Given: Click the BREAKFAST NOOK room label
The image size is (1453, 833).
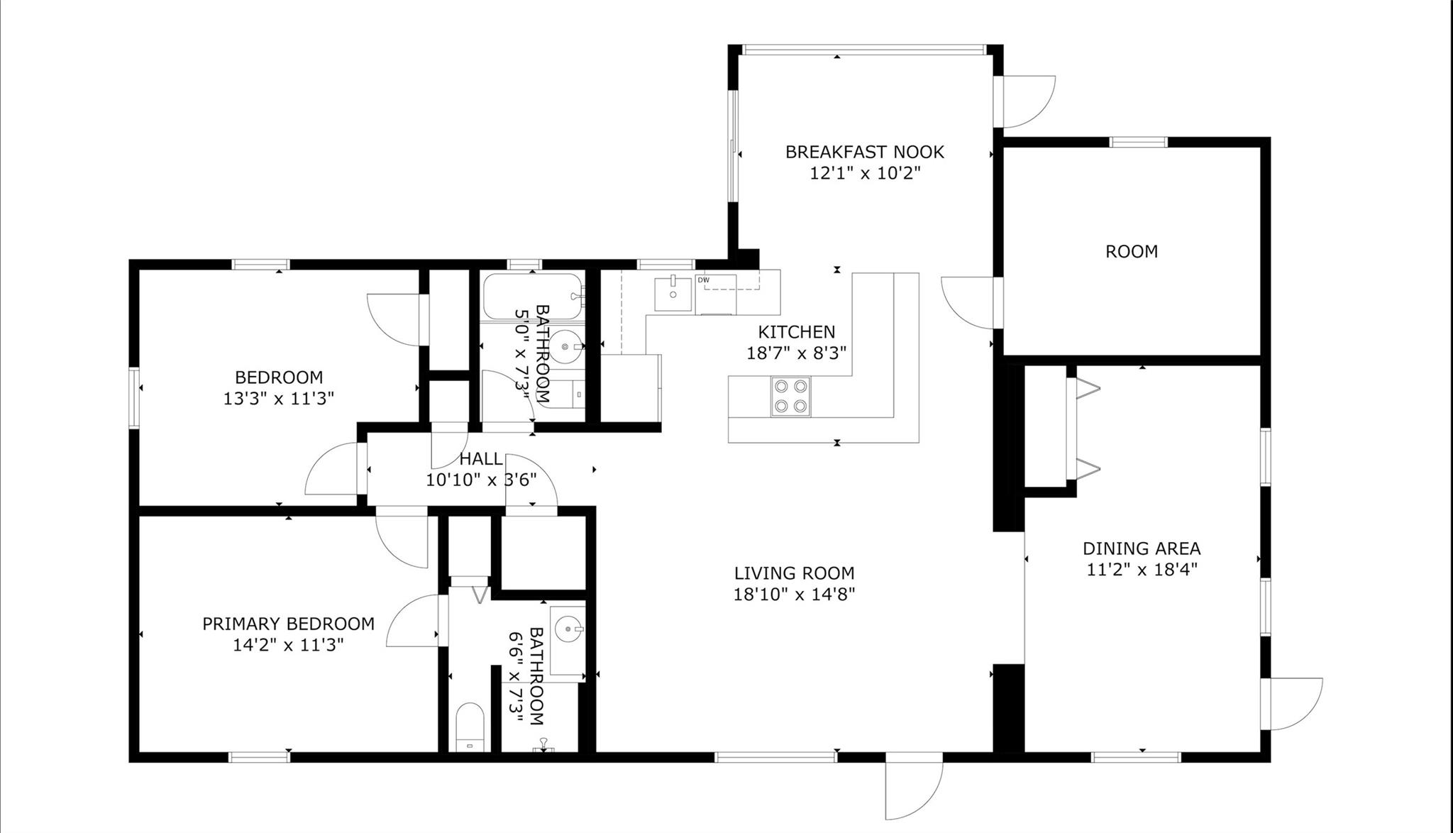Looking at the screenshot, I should (864, 152).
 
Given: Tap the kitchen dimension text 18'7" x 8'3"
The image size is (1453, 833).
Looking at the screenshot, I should (796, 353).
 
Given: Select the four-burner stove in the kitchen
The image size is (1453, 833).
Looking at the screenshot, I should (791, 396).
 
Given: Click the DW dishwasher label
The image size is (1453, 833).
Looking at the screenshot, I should (703, 280).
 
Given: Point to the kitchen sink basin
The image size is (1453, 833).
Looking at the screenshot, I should (673, 293).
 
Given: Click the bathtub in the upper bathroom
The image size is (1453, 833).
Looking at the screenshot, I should (532, 297).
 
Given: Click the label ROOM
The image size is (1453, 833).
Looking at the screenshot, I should (1131, 251).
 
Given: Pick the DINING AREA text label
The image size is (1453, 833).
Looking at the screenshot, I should (1141, 548).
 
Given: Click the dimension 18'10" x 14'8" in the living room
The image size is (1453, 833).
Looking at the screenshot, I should (793, 594).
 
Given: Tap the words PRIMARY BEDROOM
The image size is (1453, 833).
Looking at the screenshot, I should (288, 624).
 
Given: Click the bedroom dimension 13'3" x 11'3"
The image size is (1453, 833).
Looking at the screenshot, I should (278, 398).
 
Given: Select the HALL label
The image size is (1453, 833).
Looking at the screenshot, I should (481, 459).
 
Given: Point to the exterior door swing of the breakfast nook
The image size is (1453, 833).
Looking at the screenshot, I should (1026, 99).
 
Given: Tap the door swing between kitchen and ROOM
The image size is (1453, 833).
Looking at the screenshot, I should (969, 302).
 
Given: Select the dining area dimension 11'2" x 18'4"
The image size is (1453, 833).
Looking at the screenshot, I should (1141, 569).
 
